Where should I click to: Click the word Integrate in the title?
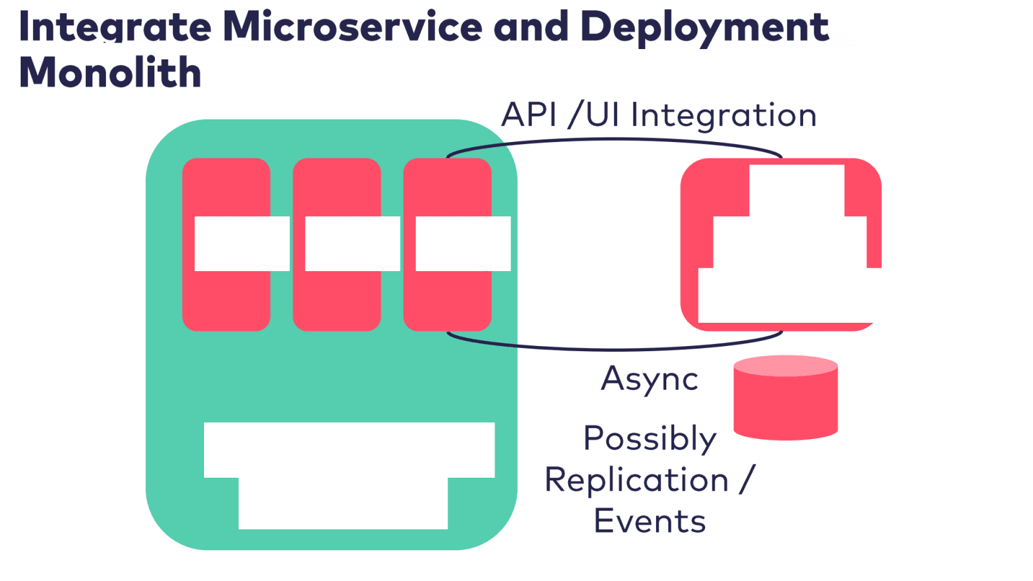point(115,27)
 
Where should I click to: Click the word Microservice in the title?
point(353,27)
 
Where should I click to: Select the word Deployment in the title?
point(704,27)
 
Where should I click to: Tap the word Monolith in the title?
point(110,72)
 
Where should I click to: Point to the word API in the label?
point(529,115)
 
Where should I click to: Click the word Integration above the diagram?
point(723,115)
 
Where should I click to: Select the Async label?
point(649,379)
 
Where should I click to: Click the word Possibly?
point(649,439)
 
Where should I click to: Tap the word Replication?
point(637,480)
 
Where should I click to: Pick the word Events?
point(649,522)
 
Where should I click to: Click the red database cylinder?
point(786,400)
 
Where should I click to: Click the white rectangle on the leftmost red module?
point(242,243)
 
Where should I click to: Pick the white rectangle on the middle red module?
point(353,243)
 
